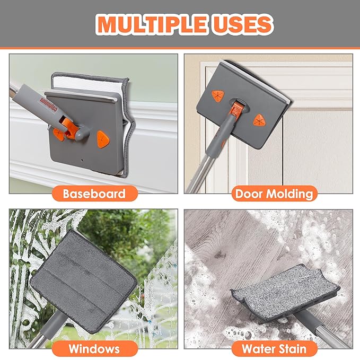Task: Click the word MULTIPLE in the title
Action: (x=152, y=24)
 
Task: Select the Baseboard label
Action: (x=94, y=194)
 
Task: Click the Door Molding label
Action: (x=274, y=194)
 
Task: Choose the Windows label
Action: (x=94, y=348)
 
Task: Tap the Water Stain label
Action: (x=274, y=348)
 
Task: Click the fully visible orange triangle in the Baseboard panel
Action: (x=103, y=139)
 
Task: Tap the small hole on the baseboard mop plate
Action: (x=82, y=159)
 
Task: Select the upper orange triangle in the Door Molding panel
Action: (x=218, y=96)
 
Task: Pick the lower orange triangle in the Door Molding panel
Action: (x=259, y=120)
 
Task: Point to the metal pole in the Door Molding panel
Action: (x=199, y=173)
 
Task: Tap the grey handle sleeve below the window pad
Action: (x=53, y=323)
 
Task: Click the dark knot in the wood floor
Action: (x=220, y=254)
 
